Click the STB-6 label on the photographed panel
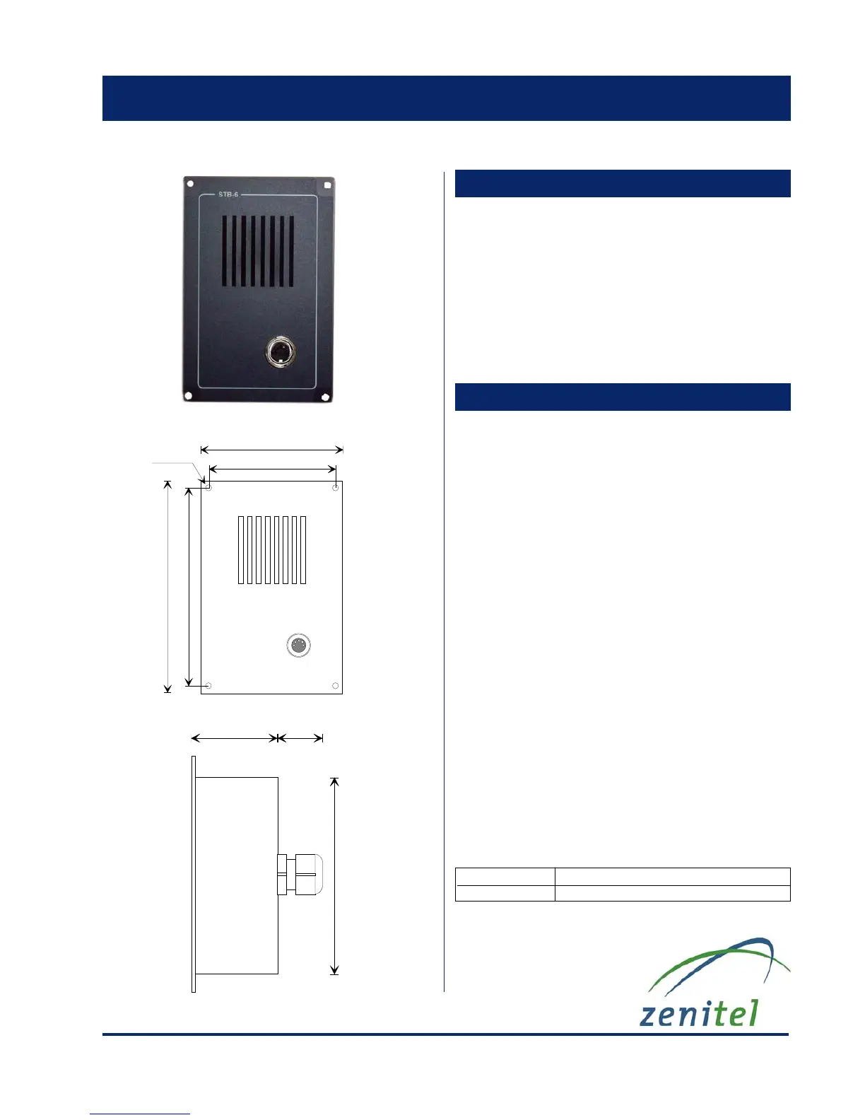(228, 194)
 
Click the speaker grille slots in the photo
(258, 251)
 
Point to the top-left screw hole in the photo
(190, 184)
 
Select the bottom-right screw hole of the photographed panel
(326, 397)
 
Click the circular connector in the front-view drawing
(300, 645)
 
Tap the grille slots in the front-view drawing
(272, 550)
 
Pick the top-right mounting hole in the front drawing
(336, 488)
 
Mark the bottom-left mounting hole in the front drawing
(208, 686)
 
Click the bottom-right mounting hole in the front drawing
(336, 686)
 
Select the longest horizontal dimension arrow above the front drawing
(272, 450)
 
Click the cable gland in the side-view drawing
(300, 875)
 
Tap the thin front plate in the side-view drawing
(194, 874)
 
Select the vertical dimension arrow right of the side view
(335, 875)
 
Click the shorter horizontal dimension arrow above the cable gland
(300, 738)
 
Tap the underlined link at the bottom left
(140, 1114)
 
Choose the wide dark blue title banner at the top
(446, 98)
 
